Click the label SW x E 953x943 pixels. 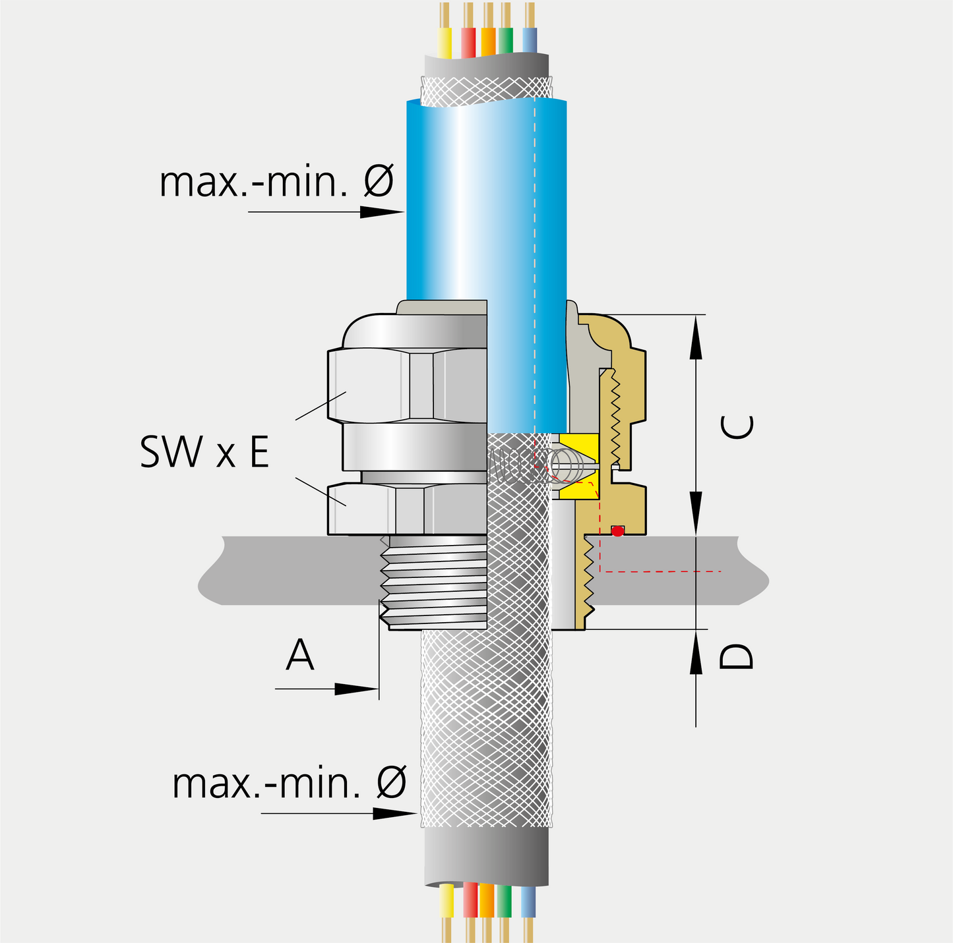204,453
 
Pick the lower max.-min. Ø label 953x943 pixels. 289,783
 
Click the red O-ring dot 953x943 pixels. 617,530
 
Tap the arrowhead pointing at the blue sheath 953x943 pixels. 383,212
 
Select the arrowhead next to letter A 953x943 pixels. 357,689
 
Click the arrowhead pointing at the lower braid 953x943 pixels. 396,813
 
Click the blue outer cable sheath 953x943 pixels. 486,198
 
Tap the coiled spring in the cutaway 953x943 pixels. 567,465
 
